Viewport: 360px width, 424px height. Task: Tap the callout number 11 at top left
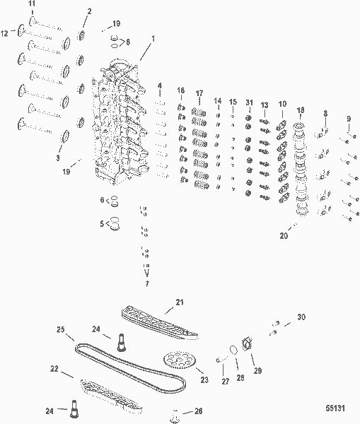(32, 6)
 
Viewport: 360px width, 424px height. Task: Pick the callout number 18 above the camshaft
(301, 111)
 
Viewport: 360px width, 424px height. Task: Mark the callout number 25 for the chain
(61, 329)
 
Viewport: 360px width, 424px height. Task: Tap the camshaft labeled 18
(303, 170)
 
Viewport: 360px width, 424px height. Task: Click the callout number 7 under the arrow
(146, 283)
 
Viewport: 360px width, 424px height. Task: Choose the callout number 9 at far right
(349, 118)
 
